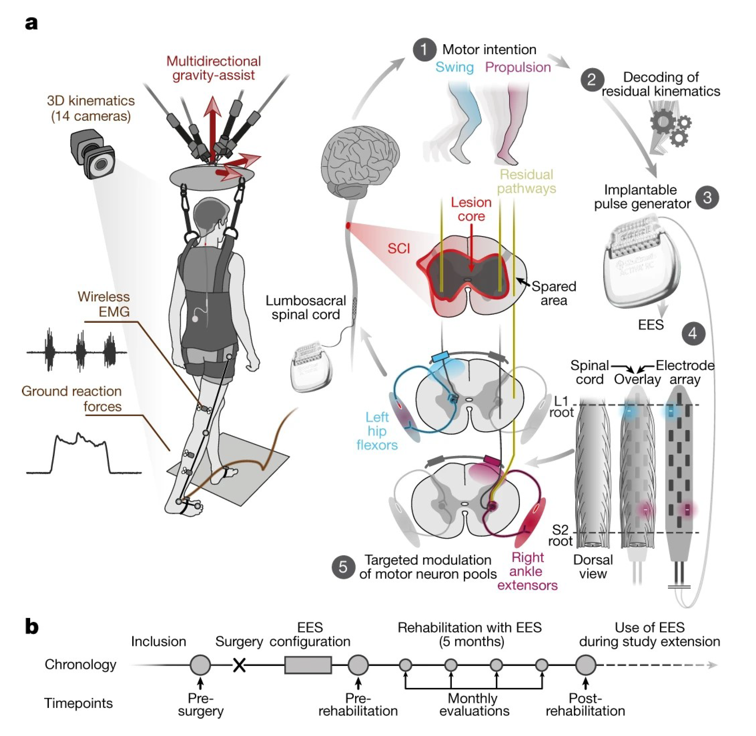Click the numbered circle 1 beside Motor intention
424,50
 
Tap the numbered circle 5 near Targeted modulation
343,567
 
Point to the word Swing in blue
454,67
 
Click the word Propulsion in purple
518,67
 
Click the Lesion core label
471,209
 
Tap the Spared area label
553,293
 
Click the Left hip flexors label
377,431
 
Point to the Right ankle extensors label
527,571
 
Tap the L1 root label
561,407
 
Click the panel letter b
32,627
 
